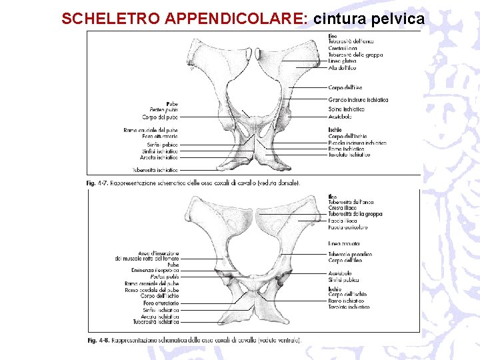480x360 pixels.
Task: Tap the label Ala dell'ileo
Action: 342,68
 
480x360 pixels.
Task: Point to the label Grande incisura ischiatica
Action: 358,100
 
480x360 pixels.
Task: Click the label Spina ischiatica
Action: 347,109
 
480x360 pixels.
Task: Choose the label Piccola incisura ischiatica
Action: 357,143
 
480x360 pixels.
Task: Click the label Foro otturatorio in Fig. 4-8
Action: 161,304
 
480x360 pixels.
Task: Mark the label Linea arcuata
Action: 343,243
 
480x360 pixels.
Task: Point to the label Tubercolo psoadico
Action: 350,254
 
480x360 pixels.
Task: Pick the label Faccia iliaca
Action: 343,221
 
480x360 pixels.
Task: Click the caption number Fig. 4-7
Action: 97,182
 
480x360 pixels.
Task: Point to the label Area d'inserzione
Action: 158,253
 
